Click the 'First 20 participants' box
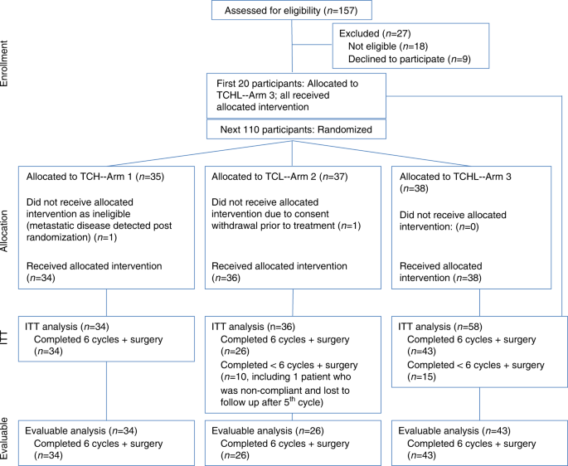[x=297, y=95]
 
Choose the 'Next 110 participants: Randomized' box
[x=297, y=129]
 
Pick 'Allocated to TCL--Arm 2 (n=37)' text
[x=282, y=177]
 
